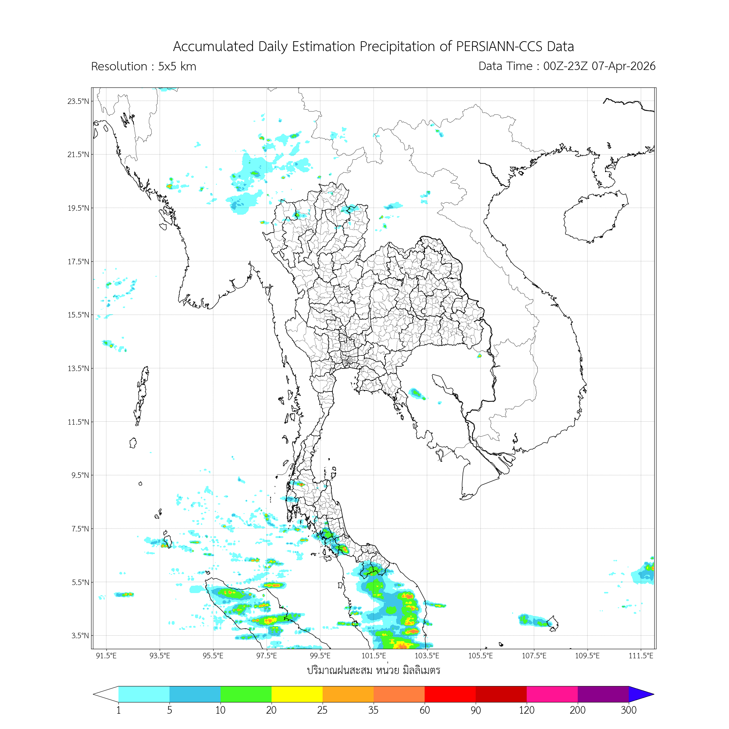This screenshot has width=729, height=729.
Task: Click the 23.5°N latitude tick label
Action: [78, 101]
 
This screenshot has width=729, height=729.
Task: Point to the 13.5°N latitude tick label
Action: [78, 368]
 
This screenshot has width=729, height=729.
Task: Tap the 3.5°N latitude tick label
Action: [80, 635]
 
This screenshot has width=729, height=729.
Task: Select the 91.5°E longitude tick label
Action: [106, 656]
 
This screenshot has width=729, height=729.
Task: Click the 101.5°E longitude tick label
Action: [374, 656]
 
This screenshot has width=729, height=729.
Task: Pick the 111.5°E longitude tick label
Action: [641, 656]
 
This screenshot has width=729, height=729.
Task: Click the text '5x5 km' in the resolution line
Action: [177, 66]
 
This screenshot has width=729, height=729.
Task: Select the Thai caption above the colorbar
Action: [373, 670]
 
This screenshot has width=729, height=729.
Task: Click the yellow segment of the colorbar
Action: [297, 694]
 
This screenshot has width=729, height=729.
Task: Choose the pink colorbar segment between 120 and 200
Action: [551, 694]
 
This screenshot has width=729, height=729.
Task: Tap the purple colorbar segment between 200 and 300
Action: [603, 694]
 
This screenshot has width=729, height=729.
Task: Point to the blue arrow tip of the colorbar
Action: [640, 694]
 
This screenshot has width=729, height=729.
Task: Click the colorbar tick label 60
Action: [425, 710]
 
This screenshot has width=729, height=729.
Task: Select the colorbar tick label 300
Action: [628, 710]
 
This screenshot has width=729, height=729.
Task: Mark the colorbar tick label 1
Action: [118, 710]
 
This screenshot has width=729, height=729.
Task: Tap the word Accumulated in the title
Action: [213, 46]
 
